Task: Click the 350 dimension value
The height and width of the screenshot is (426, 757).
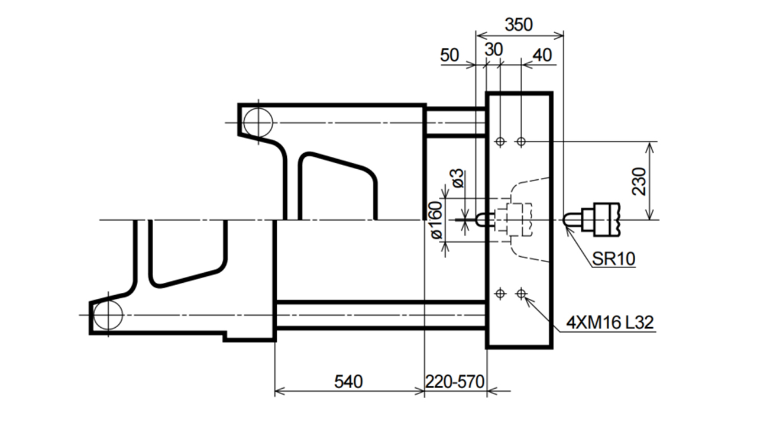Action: [519, 25]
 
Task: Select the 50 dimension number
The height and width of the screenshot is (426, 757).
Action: [449, 55]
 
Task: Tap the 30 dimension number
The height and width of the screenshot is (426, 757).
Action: [494, 50]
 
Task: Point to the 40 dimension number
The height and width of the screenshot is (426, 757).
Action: [542, 55]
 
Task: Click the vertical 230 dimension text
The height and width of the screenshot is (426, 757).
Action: [639, 181]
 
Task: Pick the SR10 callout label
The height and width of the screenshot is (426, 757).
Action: [613, 259]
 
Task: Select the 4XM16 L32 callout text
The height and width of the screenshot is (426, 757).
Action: [610, 322]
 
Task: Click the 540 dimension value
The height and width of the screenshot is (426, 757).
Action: [348, 382]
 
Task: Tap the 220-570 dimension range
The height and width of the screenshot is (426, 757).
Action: [455, 382]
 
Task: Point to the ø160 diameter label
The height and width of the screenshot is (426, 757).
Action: [436, 221]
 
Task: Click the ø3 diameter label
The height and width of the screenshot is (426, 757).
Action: [458, 178]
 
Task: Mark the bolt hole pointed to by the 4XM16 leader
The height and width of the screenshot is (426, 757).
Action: [521, 293]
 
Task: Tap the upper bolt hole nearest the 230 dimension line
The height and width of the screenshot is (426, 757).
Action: [521, 141]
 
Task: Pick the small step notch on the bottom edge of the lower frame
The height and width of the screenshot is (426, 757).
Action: [225, 337]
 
